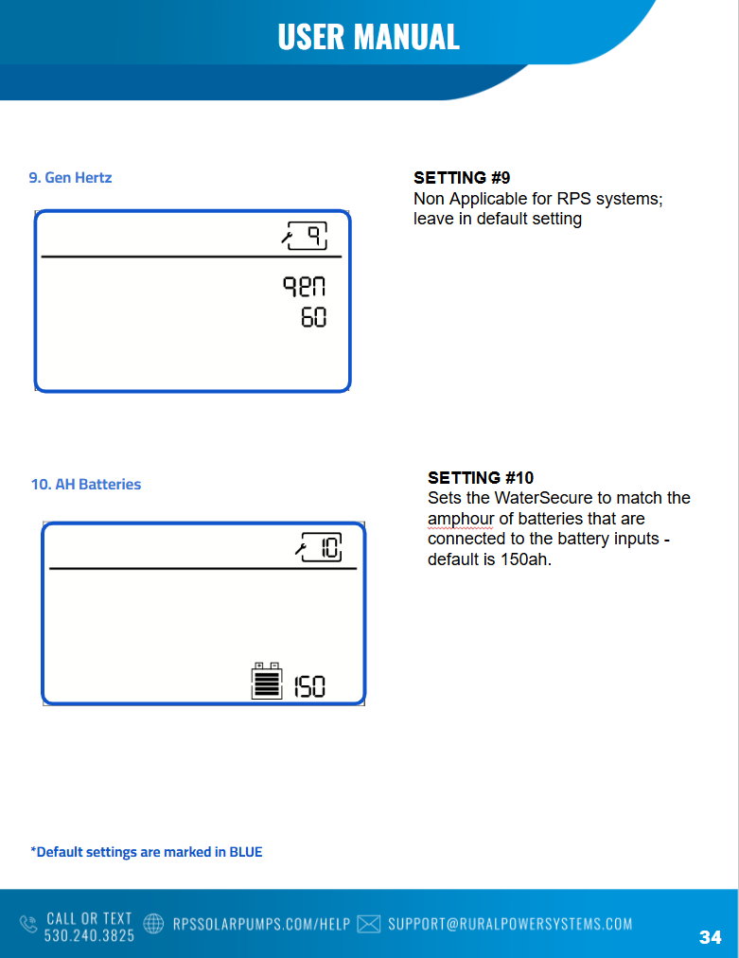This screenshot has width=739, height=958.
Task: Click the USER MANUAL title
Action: [x=368, y=37]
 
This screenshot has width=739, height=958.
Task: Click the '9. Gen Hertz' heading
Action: [x=70, y=178]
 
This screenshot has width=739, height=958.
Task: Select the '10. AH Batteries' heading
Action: [x=86, y=485]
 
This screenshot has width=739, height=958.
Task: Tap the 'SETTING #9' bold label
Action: [x=462, y=178]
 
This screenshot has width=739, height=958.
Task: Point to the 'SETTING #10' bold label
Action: [x=481, y=478]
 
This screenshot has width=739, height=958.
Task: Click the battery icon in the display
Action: [x=267, y=681]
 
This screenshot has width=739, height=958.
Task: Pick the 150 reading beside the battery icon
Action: [x=309, y=686]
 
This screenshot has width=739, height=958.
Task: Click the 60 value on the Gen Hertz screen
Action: [x=314, y=318]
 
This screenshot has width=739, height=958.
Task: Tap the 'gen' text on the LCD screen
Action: [x=304, y=287]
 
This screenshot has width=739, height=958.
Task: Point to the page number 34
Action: [x=711, y=937]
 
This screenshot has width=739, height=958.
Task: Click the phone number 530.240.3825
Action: [x=89, y=935]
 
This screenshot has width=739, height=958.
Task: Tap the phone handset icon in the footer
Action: [x=28, y=924]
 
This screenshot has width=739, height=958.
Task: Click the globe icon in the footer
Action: [x=153, y=923]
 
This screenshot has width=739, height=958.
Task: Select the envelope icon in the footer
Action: [x=369, y=924]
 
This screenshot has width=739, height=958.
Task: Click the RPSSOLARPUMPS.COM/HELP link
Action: [x=261, y=924]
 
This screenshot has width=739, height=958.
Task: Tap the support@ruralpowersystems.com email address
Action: [x=510, y=924]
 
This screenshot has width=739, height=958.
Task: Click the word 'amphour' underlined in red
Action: [x=461, y=519]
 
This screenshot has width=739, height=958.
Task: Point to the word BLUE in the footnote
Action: [x=245, y=852]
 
